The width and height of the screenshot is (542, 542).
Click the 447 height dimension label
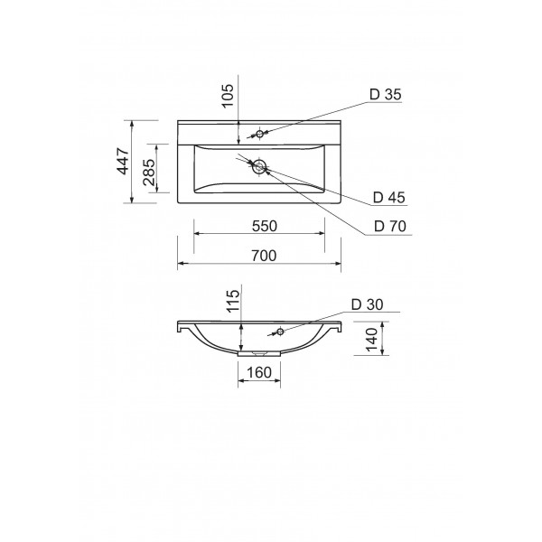(124, 161)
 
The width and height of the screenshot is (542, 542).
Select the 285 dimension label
(149, 173)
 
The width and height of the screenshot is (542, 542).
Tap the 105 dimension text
(228, 96)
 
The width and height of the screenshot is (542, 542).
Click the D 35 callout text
(386, 94)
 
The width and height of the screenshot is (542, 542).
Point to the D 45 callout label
(388, 197)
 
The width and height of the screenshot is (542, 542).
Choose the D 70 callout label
(390, 226)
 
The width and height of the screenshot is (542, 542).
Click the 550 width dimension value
(265, 226)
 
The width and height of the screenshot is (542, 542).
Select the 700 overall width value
(264, 256)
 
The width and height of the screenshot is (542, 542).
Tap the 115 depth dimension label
(233, 301)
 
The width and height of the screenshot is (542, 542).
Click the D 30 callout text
(368, 304)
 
